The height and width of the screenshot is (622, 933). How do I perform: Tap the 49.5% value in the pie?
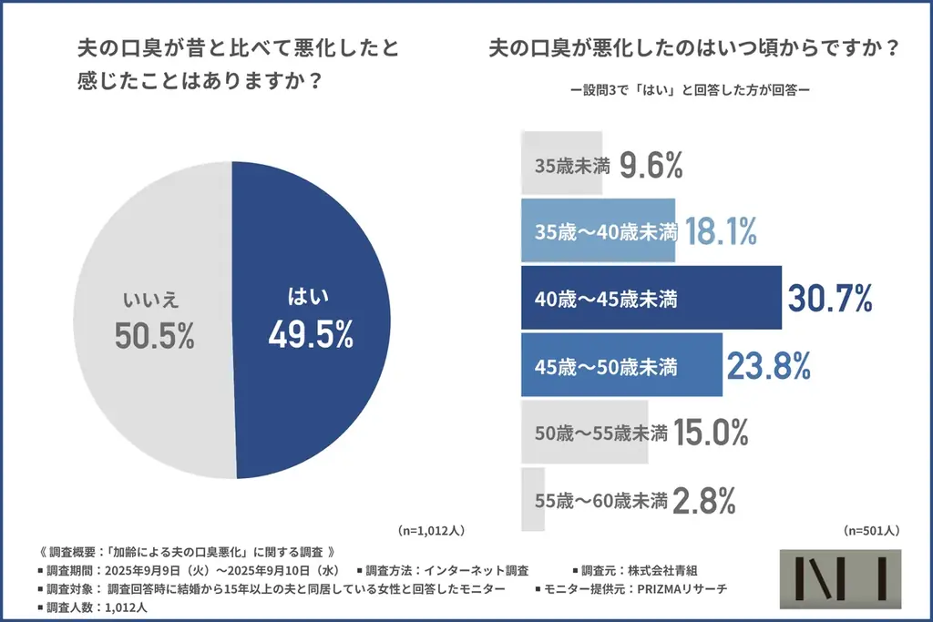click(311, 335)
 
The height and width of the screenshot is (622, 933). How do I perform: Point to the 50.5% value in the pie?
click(155, 336)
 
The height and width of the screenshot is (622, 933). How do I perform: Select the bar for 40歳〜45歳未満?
click(651, 298)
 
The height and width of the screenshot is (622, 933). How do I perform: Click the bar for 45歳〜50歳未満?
click(620, 365)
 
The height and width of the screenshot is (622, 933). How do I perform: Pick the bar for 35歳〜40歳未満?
click(598, 231)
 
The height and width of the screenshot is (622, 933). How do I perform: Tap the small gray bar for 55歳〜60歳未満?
click(533, 499)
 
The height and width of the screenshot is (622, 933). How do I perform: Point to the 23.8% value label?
click(769, 365)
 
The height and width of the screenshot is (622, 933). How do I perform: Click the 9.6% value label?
click(651, 165)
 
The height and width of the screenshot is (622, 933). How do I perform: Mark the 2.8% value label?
click(703, 499)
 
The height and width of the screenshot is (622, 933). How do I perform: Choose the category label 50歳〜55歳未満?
click(601, 432)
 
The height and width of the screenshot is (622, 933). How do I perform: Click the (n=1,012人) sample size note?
click(432, 529)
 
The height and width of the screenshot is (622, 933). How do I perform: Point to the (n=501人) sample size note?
click(871, 529)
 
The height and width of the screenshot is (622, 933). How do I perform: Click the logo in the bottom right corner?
click(841, 579)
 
